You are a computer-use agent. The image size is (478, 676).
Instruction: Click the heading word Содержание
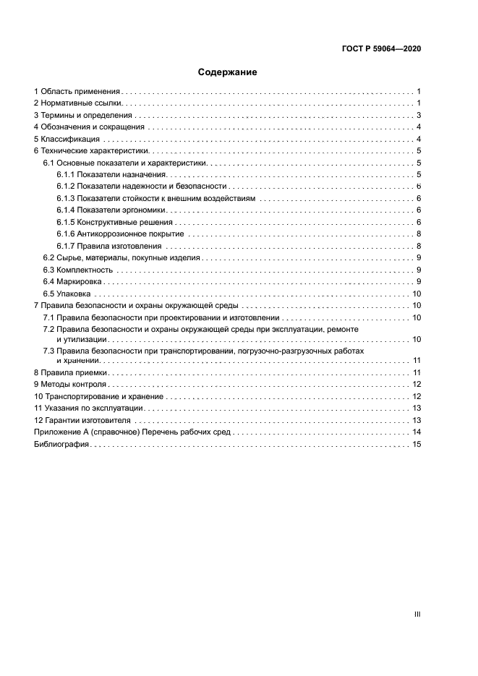click(228, 72)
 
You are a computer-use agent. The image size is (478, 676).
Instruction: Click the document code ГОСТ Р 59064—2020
click(381, 49)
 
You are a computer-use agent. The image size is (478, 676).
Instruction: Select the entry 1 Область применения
click(77, 92)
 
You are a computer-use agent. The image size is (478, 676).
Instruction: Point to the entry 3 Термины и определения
click(83, 116)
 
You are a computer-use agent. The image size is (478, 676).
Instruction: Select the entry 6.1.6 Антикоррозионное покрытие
click(120, 234)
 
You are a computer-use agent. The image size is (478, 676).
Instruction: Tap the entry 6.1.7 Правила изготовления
click(108, 246)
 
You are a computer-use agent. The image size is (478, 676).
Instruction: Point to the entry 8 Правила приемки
click(71, 372)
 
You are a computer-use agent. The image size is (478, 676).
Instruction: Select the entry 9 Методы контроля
click(70, 384)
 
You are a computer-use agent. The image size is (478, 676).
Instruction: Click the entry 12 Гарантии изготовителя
click(82, 420)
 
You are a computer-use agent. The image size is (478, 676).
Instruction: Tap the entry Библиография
click(61, 444)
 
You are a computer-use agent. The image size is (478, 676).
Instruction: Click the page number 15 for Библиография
click(417, 444)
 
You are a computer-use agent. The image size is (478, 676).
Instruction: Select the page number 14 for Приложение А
click(417, 432)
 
